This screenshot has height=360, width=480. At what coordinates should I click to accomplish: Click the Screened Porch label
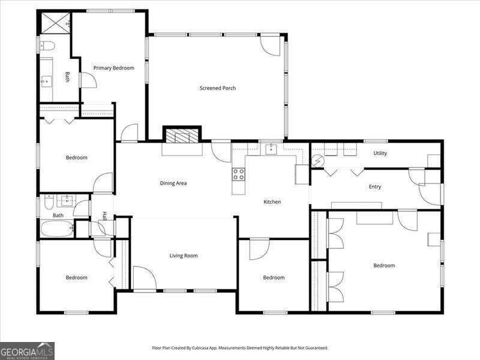[x=217, y=88]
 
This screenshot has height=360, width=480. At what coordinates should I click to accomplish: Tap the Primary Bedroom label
[x=113, y=68]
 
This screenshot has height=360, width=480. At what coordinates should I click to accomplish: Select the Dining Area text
[x=173, y=183]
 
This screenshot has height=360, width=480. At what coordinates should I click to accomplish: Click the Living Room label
[x=183, y=256]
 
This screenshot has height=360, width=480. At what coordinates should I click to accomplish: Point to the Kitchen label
[x=272, y=202]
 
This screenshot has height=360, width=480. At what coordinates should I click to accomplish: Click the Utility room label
[x=380, y=153]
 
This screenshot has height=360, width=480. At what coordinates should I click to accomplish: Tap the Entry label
[x=374, y=187]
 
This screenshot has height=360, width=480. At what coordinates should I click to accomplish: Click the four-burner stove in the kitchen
[x=238, y=174]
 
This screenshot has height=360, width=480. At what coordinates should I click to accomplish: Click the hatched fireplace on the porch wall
[x=183, y=136]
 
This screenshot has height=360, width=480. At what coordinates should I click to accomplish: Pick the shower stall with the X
[x=55, y=23]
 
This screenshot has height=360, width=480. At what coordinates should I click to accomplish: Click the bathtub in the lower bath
[x=56, y=229]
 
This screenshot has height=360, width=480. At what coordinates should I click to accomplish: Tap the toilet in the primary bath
[x=47, y=46]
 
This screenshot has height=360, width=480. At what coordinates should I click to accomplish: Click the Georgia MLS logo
[x=27, y=350]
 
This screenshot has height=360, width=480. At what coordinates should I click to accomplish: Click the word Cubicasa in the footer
[x=201, y=347]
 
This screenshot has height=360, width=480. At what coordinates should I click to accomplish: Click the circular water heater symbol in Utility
[x=317, y=160]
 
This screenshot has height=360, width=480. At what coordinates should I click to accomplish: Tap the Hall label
[x=104, y=216]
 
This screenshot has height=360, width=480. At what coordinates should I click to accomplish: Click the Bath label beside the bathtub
[x=58, y=215]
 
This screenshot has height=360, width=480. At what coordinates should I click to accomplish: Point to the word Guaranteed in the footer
[x=314, y=347]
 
